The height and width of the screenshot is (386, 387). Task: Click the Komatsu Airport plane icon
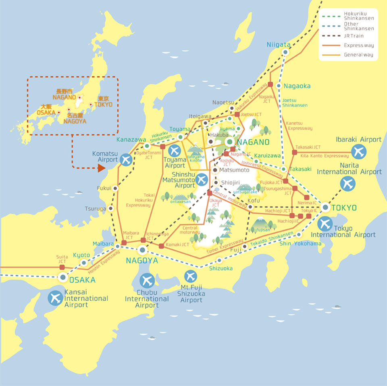pos(126,160)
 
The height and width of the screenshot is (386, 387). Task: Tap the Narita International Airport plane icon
pos(347,184)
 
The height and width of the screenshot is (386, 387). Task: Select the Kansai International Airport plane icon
pos(55,298)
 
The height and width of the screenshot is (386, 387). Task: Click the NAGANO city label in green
pos(253,142)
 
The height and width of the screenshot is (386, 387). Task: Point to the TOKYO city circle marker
pos(326,208)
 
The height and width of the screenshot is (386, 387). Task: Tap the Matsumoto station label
pos(234,170)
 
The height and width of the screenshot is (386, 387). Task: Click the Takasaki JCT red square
pos(294,152)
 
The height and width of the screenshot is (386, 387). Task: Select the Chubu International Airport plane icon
pos(147,280)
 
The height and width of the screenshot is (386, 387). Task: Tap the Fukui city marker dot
pos(116,188)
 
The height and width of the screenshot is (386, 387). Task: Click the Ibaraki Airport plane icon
pos(358,152)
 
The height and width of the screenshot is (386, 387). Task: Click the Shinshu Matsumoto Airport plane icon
pos(202,180)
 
